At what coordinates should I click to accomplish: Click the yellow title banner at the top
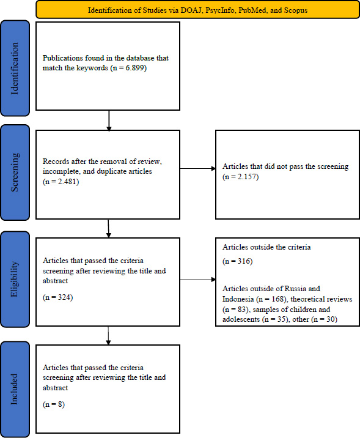tap(197, 10)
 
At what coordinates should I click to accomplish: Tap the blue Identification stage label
tap(15, 68)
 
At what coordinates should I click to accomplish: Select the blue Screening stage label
tap(15, 173)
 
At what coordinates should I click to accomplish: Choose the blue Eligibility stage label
tap(15, 279)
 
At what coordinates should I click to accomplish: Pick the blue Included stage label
tap(15, 389)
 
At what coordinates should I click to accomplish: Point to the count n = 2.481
tap(61, 182)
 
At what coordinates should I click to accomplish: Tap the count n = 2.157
tap(241, 177)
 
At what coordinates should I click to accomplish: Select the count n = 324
tap(58, 297)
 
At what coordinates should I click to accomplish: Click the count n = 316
tap(238, 261)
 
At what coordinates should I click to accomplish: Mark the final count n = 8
tap(54, 404)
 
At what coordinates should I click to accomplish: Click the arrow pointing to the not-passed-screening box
tap(198, 168)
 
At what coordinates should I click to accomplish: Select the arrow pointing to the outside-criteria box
tap(198, 280)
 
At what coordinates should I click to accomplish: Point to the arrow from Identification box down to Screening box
tap(109, 121)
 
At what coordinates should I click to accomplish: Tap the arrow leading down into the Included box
tap(108, 335)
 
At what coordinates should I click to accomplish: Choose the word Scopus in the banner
tap(296, 10)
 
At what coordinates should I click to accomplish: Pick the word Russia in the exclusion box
tap(296, 289)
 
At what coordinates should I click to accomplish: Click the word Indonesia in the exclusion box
tap(238, 299)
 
